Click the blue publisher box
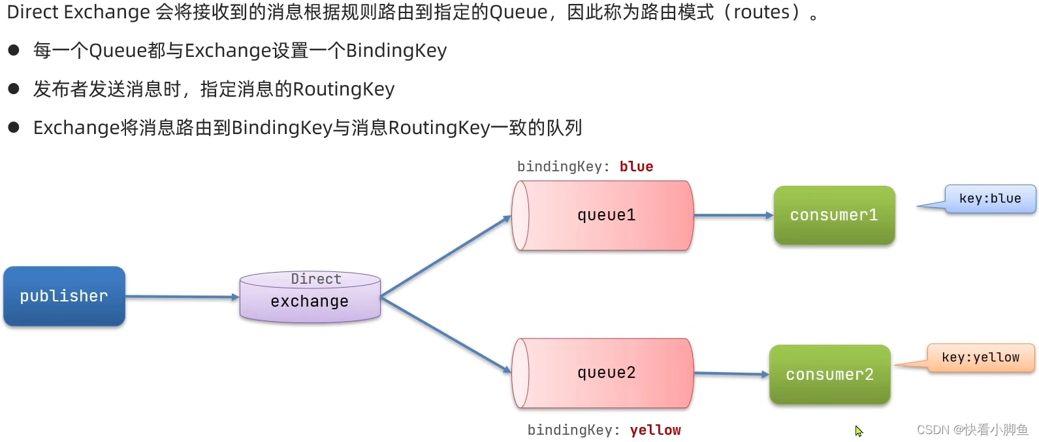coord(64,296)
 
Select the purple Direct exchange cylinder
coord(310,298)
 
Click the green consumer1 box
coord(834,216)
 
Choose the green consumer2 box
coord(829,375)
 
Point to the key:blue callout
coord(989,199)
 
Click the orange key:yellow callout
coord(980,358)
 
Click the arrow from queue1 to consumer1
coord(733,215)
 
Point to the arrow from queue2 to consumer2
coord(731,374)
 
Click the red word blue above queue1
coord(636,167)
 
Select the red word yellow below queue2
coord(655,430)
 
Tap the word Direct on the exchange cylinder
coord(316,279)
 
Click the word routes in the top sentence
coord(761,12)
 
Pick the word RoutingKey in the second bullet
coord(344,89)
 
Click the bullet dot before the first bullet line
coord(14,50)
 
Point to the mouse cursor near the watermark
coord(858,431)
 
